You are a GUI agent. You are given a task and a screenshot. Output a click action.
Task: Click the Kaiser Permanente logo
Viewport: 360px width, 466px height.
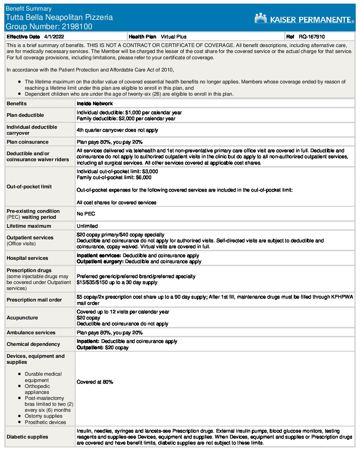[304, 19]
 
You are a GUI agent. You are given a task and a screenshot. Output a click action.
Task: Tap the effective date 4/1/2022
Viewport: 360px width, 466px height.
[54, 37]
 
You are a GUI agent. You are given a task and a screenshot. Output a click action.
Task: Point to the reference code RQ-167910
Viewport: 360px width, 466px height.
[311, 37]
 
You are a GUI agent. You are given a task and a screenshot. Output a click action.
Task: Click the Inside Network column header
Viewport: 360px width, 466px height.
[95, 104]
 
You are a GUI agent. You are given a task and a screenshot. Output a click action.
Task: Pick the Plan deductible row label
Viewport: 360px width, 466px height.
[25, 115]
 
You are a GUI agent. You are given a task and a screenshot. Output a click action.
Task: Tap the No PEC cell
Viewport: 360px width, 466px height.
[86, 214]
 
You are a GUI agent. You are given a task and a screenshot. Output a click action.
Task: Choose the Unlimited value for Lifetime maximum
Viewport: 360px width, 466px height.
[87, 226]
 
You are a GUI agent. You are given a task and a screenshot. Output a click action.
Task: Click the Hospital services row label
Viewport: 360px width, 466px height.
[27, 258]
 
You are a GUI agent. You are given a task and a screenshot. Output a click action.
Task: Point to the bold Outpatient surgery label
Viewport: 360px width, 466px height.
[100, 261]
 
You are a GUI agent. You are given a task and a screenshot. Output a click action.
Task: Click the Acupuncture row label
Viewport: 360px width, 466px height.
[22, 318]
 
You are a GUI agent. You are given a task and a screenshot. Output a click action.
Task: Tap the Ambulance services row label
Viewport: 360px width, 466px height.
[31, 333]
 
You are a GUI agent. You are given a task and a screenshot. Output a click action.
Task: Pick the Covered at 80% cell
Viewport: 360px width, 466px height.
[95, 382]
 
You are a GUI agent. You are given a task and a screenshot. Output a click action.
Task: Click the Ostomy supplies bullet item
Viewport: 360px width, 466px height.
[43, 416]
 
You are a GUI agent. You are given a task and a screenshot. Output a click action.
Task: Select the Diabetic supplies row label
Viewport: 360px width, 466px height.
[27, 437]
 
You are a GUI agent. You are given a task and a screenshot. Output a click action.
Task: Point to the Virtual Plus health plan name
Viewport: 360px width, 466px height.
[173, 37]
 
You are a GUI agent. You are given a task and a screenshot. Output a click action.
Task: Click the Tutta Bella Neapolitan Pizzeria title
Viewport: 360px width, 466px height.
[59, 18]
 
